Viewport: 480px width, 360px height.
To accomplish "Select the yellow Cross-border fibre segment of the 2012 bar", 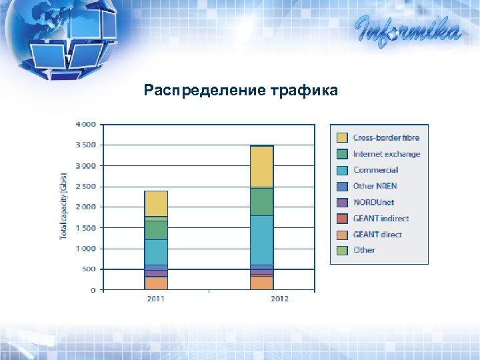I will pos(261,167).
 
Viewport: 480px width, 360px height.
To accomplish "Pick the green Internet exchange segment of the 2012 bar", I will pos(261,201).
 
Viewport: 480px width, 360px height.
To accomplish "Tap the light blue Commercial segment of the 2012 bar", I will pos(261,240).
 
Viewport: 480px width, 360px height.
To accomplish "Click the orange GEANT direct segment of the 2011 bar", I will pos(156,283).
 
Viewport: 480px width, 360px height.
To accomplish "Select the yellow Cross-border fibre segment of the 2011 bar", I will pos(156,203).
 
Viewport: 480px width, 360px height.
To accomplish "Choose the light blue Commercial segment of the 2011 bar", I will pos(156,252).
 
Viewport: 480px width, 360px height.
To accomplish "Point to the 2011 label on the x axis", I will pos(156,299).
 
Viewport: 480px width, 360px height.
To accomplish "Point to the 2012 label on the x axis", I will pos(279,299).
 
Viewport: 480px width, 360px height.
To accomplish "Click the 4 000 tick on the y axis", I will pos(85,124).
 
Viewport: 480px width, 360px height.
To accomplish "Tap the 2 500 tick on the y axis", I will pos(85,186).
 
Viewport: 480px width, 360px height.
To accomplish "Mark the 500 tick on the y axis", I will pos(88,269).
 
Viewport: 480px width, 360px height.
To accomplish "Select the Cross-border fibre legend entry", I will pos(386,138).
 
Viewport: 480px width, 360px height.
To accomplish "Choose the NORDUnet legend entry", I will pos(373,202).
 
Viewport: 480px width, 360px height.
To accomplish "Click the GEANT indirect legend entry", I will pos(381,218).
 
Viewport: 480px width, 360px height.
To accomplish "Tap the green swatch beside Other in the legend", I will pos(342,250).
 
